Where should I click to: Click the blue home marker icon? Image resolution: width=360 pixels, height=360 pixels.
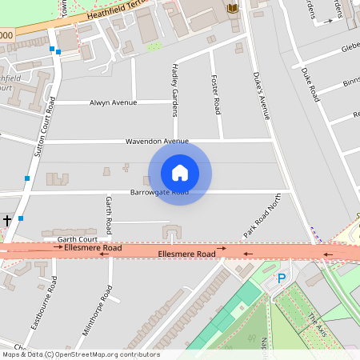[x=180, y=172]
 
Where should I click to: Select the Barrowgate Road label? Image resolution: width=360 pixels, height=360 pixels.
[x=159, y=193]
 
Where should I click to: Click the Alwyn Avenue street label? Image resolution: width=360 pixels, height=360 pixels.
[x=113, y=102]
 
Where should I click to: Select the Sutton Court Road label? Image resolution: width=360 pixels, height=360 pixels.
[x=44, y=132]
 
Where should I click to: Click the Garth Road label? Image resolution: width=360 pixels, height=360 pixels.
[x=109, y=211]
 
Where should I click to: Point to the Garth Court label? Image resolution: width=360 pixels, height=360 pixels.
[x=77, y=239]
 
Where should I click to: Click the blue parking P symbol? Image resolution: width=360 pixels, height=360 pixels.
[x=281, y=278]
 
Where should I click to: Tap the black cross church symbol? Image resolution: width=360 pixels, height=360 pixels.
[x=7, y=220]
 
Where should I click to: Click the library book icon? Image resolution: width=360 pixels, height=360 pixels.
[x=232, y=8]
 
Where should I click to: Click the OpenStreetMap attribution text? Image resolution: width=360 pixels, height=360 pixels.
[x=80, y=354]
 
